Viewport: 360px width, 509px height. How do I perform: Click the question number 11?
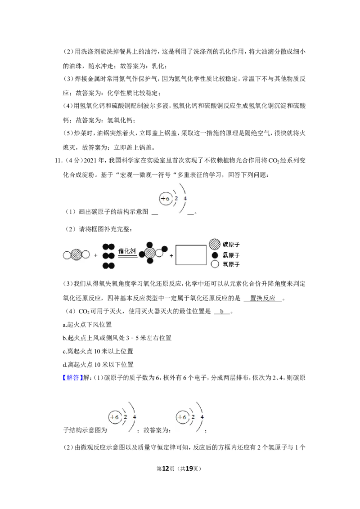[x=58, y=161]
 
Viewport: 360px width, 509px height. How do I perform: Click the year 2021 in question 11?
[x=90, y=161]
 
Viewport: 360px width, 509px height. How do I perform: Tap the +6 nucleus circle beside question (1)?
[x=166, y=199]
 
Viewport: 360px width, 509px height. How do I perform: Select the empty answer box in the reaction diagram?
[x=191, y=255]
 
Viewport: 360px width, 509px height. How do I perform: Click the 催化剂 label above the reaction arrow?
[x=127, y=251]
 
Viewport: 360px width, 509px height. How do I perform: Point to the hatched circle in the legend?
[x=215, y=244]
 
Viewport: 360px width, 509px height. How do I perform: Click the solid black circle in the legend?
[x=215, y=255]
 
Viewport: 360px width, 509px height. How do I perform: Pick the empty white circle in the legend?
[x=215, y=264]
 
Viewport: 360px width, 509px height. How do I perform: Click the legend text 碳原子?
[x=231, y=245]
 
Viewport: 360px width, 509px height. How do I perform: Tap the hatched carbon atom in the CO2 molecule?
[x=76, y=255]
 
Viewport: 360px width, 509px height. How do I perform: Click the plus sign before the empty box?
[x=171, y=256]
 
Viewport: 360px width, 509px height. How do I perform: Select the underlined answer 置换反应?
[x=262, y=298]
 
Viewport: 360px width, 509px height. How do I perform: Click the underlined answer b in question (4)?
[x=222, y=311]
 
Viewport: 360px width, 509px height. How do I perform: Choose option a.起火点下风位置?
[x=87, y=325]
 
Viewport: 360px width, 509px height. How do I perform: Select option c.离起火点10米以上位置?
[x=98, y=351]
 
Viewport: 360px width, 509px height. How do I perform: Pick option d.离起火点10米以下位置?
[x=98, y=365]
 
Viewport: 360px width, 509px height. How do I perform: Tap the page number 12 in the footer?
[x=166, y=469]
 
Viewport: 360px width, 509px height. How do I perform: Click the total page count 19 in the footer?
[x=189, y=469]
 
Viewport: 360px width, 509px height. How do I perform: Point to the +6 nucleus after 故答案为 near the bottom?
[x=182, y=417]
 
